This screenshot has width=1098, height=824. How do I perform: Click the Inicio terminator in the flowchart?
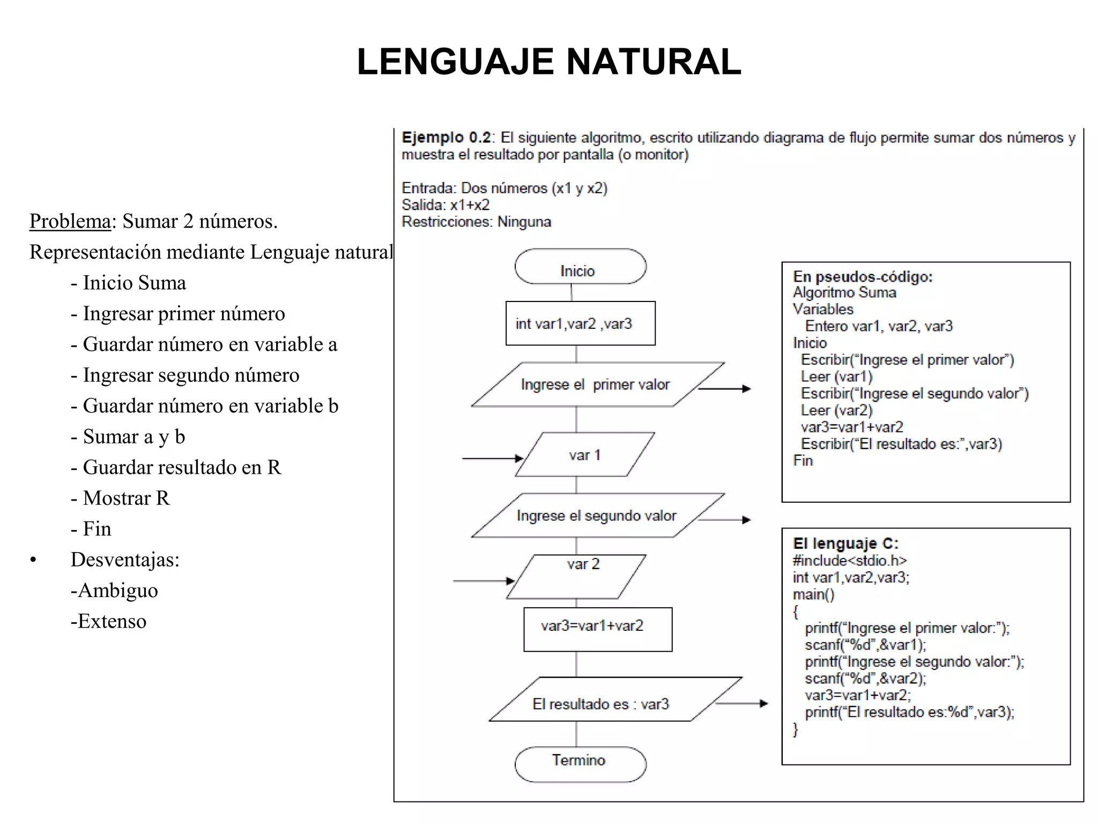(580, 267)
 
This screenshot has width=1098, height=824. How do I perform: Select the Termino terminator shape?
(580, 764)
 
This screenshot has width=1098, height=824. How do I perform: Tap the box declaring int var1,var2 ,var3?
(580, 323)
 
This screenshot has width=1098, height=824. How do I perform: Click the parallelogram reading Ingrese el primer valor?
(596, 385)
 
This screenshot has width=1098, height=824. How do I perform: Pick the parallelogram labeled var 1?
(584, 455)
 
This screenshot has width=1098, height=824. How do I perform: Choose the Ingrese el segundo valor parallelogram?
(597, 516)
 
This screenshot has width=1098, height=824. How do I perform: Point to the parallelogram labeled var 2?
(577, 577)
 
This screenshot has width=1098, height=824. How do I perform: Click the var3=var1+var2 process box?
(597, 629)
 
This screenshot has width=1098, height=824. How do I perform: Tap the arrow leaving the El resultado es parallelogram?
(742, 703)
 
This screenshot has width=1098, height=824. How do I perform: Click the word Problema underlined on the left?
(70, 221)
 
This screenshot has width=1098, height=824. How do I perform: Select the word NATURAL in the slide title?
(654, 62)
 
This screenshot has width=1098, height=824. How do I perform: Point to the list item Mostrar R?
(126, 498)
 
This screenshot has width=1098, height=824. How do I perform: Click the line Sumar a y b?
(133, 437)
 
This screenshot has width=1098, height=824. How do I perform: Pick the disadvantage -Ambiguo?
(114, 591)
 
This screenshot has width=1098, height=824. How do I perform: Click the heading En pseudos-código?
(863, 277)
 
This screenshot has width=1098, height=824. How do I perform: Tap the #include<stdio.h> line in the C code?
(850, 561)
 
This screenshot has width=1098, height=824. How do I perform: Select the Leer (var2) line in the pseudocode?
(836, 410)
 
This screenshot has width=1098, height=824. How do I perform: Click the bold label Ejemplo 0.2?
(446, 138)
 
